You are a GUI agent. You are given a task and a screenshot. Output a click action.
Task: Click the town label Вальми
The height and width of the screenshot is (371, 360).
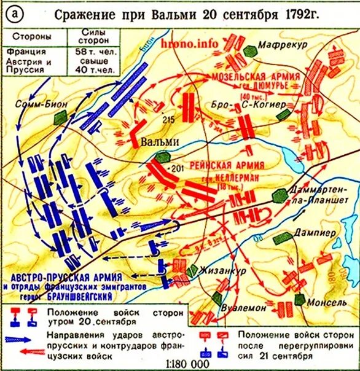(x=160, y=141)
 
